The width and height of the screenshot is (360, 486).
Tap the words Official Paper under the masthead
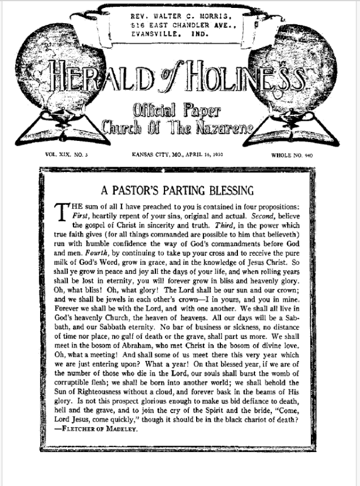180,111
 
